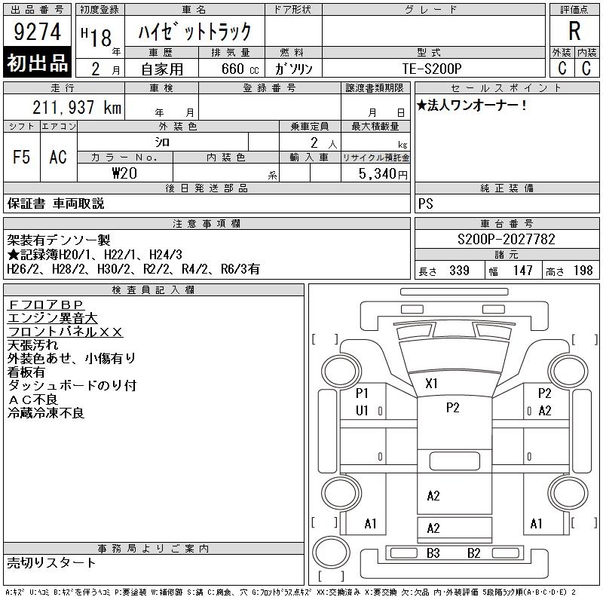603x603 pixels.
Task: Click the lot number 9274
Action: pyautogui.click(x=37, y=32)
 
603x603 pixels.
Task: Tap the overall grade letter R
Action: pyautogui.click(x=574, y=31)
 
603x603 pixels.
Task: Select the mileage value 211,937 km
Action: pyautogui.click(x=77, y=107)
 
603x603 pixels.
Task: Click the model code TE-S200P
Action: pyautogui.click(x=432, y=69)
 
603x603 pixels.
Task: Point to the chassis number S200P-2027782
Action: pyautogui.click(x=506, y=239)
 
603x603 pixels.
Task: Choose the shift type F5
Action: pyautogui.click(x=22, y=157)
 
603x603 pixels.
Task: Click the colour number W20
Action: pyautogui.click(x=124, y=173)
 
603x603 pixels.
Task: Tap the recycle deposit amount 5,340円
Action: pyautogui.click(x=383, y=174)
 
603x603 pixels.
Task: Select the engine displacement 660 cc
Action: pyautogui.click(x=240, y=69)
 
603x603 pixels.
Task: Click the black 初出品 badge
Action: pyautogui.click(x=37, y=63)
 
